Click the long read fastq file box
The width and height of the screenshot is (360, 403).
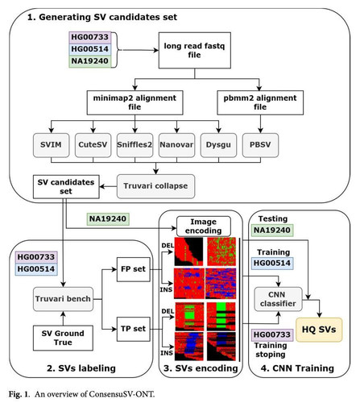tap(195, 50)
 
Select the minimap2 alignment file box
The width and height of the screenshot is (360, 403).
tap(134, 102)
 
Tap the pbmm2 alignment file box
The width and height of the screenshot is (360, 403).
tap(260, 102)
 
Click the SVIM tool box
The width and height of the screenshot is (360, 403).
tap(51, 145)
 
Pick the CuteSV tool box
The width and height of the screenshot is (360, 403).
tap(93, 145)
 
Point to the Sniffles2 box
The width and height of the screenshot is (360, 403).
tap(134, 145)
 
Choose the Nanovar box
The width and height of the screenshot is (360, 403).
tap(176, 145)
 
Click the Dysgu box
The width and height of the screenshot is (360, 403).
tap(218, 145)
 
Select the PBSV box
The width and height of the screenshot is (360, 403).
tap(260, 145)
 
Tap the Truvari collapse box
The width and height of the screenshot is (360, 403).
tap(155, 186)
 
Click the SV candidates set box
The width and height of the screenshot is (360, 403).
tap(66, 187)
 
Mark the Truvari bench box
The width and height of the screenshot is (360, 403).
tap(63, 299)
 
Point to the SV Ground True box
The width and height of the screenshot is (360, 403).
tap(63, 338)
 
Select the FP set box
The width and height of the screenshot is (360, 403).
tap(134, 269)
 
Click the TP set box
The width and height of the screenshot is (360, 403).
tap(134, 329)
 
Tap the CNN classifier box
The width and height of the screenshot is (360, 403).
tap(278, 299)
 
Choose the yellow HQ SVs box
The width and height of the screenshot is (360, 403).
tap(319, 330)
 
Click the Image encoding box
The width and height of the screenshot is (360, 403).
tap(204, 226)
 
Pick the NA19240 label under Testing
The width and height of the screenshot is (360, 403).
tap(272, 231)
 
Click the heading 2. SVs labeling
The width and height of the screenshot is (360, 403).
tap(81, 368)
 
